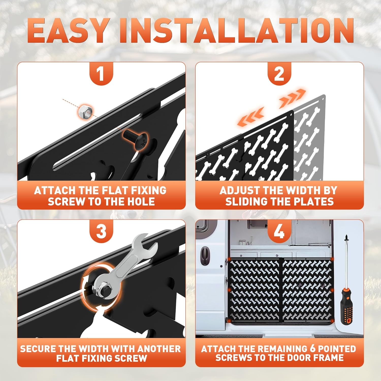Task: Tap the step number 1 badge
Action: pyautogui.click(x=101, y=74)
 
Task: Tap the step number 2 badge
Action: pyautogui.click(x=279, y=74)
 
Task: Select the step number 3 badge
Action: pyautogui.click(x=101, y=232)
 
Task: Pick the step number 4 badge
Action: pyautogui.click(x=279, y=232)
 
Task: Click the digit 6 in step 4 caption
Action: pyautogui.click(x=312, y=349)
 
